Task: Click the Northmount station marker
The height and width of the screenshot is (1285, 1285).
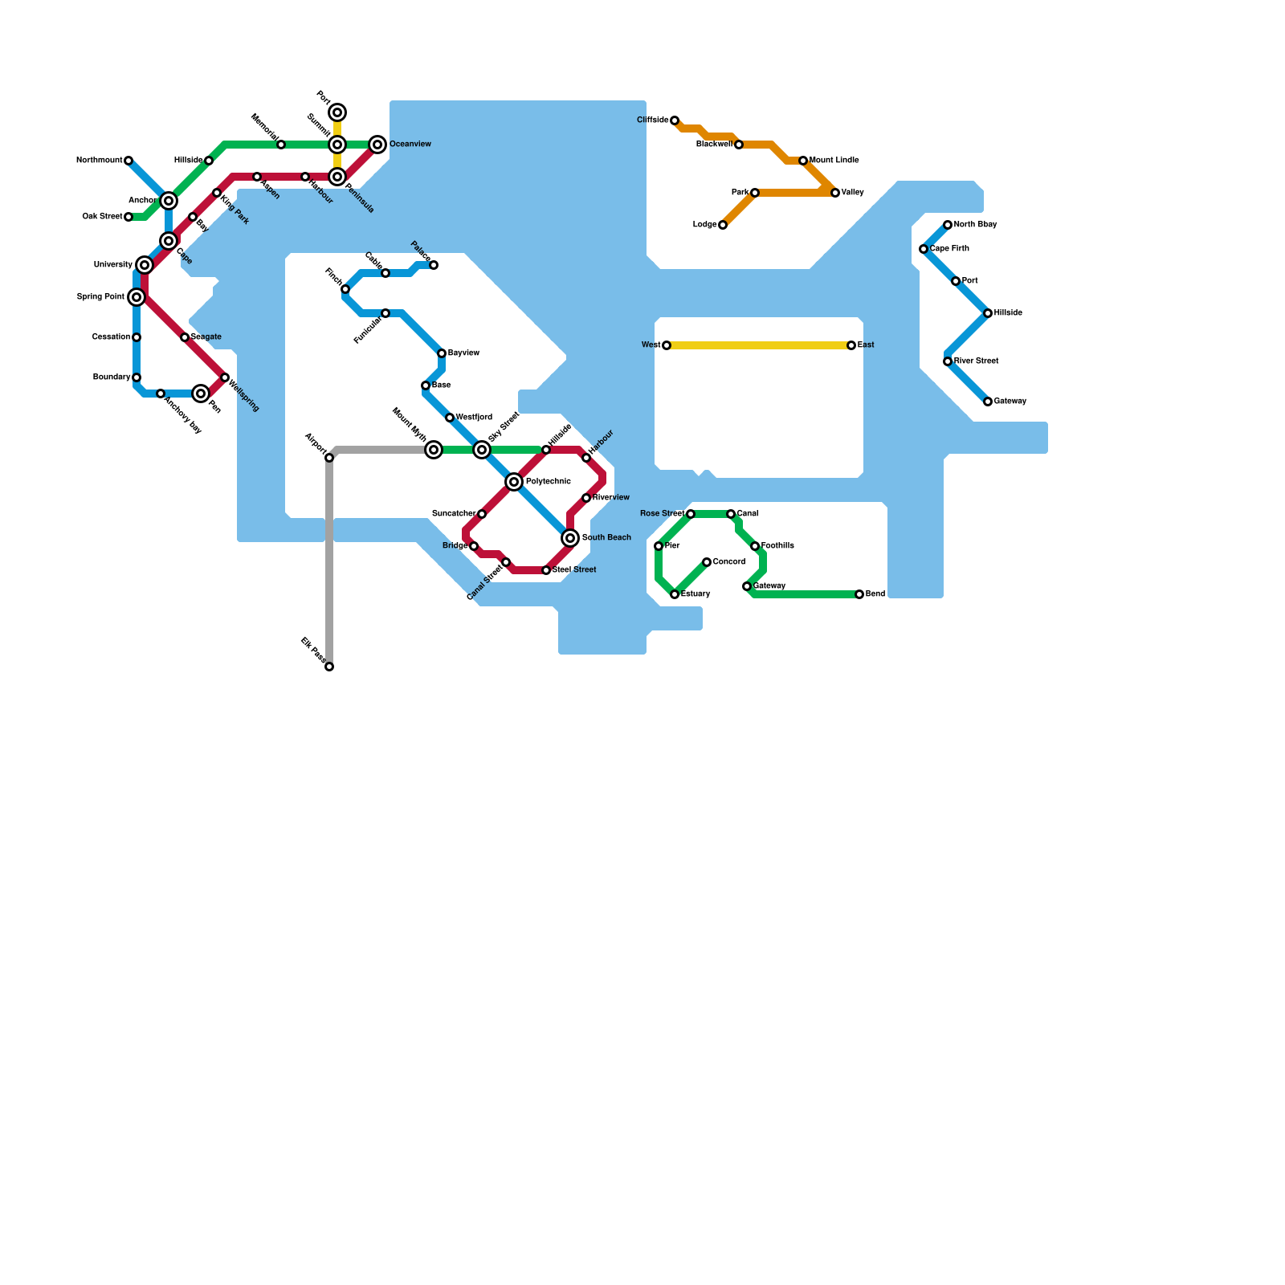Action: (128, 161)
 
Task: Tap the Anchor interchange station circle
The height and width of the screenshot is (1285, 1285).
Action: (169, 201)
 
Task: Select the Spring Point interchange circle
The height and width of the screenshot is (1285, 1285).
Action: (137, 297)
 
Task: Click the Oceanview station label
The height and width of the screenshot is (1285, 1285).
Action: (410, 145)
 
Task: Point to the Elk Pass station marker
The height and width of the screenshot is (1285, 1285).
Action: (329, 667)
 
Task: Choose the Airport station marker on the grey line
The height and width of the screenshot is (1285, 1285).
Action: (329, 458)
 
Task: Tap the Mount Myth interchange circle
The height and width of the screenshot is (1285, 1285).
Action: (434, 450)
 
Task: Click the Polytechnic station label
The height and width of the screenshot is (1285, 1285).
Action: (548, 482)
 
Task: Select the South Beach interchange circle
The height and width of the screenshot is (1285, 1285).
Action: (570, 538)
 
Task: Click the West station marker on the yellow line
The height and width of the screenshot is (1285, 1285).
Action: (667, 345)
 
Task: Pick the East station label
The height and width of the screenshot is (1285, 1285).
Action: (866, 345)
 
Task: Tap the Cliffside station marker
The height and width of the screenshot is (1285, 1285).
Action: (675, 120)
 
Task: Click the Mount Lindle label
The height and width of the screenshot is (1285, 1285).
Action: (834, 161)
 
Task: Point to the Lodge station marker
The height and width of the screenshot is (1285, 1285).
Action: (723, 225)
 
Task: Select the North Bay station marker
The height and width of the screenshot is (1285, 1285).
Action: (948, 225)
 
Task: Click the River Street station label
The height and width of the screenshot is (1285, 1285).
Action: (976, 361)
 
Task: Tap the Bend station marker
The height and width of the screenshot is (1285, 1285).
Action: (859, 594)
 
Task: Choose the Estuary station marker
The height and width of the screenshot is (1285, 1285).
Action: (675, 594)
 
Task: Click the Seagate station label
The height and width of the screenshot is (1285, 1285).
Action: (206, 337)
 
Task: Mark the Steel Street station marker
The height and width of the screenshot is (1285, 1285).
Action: (546, 570)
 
